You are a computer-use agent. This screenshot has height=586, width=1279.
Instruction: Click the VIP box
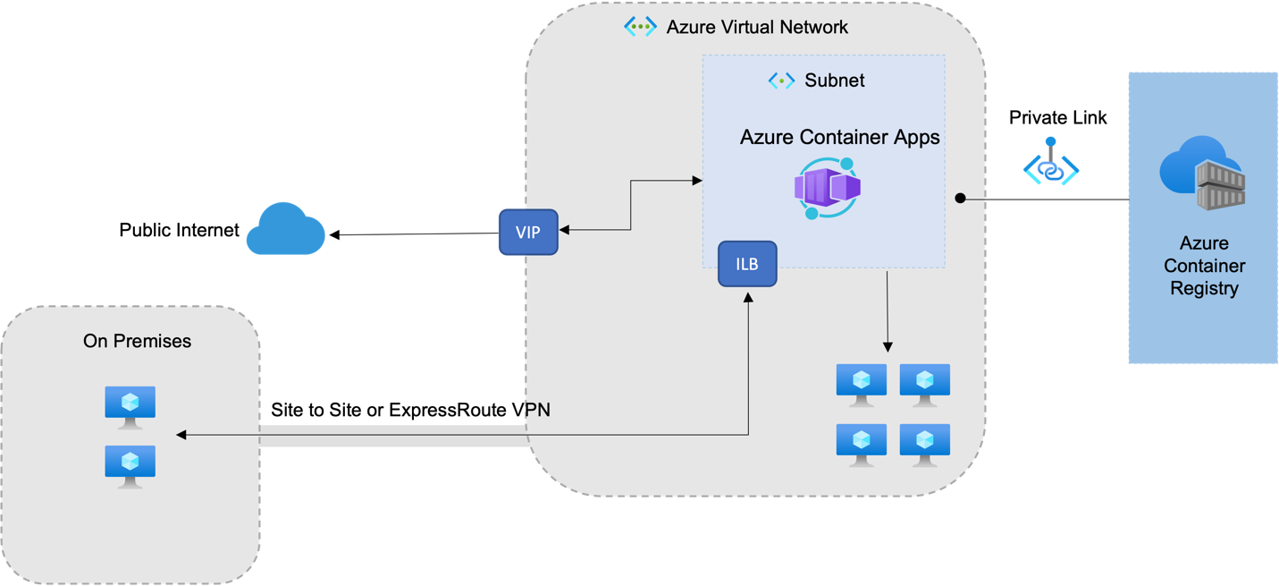point(528,233)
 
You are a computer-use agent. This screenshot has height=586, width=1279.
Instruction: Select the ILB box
point(747,264)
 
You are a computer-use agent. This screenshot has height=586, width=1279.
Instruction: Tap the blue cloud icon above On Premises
point(285,229)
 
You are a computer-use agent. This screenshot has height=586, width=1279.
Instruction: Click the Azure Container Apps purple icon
point(827,188)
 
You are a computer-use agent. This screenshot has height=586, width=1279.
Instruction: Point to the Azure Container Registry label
point(1204,266)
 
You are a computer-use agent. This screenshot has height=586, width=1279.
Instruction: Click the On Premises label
point(137,341)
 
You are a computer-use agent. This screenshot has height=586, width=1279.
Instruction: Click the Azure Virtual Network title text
point(757,27)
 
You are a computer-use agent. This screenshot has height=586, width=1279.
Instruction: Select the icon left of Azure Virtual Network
point(640,27)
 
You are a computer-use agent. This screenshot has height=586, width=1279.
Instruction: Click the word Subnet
point(835,81)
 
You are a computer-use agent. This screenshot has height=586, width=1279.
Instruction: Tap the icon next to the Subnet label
point(781,81)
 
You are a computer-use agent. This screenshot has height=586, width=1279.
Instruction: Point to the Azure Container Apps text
point(839,137)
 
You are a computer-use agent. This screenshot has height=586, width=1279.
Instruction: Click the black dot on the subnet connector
point(960,198)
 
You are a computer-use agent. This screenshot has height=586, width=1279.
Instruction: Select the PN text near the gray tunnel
point(538,410)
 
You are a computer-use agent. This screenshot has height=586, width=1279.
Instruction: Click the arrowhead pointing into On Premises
point(181,435)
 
